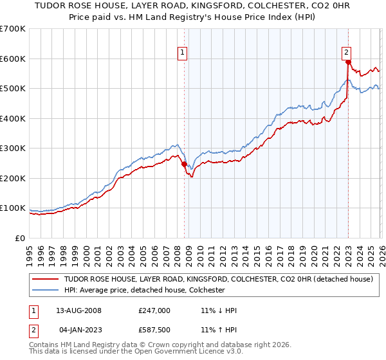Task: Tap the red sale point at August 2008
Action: pos(184,164)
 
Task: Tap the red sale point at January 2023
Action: pos(348,62)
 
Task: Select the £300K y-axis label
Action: pos(13,148)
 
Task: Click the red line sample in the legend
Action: pos(45,280)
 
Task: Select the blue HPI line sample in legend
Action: pos(45,291)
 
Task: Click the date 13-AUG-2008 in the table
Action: pos(82,310)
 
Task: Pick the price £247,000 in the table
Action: pos(154,310)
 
